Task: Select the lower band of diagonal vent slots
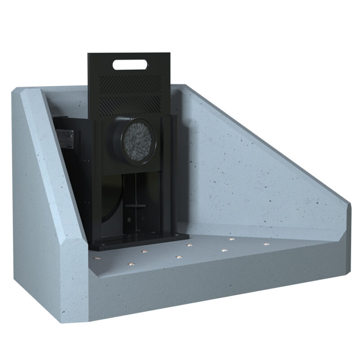click(x=130, y=104)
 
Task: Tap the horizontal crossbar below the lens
click(x=135, y=205)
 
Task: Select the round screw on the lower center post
click(x=130, y=220)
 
